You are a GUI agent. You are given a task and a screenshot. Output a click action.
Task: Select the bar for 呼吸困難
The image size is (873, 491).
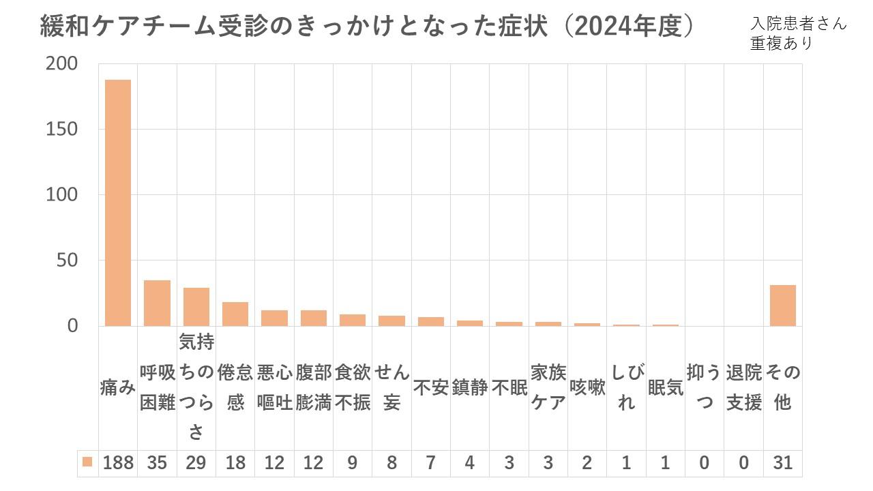pos(157,303)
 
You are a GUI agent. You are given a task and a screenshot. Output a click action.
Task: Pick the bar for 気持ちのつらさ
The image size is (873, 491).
pos(196,307)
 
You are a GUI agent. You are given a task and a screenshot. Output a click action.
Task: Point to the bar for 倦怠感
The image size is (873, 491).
pos(235,314)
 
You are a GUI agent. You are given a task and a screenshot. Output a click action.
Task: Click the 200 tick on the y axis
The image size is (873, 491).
pos(62,63)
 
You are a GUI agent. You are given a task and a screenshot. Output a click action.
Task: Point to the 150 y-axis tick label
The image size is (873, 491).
pos(62,129)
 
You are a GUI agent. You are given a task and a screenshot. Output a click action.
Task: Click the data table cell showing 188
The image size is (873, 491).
pos(118,463)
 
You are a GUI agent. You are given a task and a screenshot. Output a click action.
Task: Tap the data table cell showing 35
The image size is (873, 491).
pos(157,463)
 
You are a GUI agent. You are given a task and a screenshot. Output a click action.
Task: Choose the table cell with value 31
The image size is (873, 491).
pos(783,463)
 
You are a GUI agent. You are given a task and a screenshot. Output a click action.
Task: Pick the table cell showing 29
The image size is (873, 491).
pos(196,463)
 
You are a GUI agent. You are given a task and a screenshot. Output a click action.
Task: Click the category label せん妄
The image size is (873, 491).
pos(391,387)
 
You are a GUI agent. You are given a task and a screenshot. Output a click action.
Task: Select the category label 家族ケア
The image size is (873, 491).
pos(548,387)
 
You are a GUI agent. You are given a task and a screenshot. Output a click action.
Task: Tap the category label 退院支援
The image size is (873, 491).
pos(744,387)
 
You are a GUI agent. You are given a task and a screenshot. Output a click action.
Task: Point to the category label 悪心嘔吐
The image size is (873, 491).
pos(274,387)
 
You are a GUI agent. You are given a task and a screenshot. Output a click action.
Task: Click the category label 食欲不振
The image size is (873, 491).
pos(353,387)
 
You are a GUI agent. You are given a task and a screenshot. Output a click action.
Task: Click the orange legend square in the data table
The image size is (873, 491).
pos(87,462)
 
